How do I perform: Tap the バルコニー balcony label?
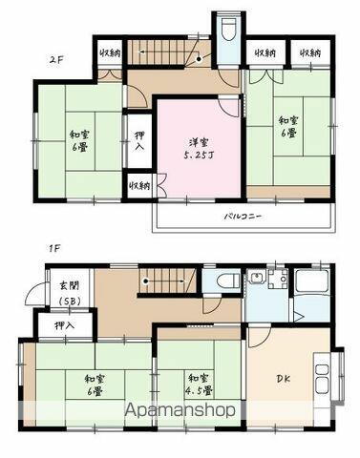244,217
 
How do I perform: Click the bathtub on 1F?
311,282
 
